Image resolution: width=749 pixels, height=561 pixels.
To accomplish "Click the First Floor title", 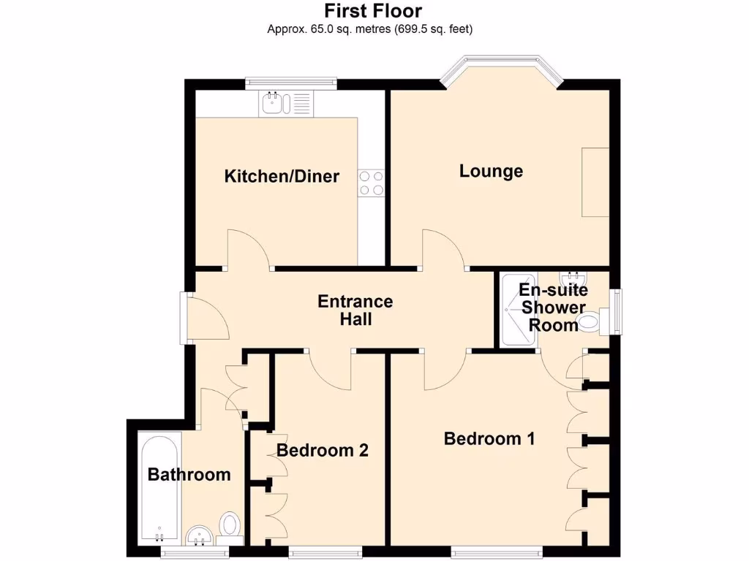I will [373, 12].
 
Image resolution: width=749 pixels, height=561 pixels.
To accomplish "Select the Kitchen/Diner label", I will [282, 176].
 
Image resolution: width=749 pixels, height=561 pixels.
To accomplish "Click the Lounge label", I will [491, 171].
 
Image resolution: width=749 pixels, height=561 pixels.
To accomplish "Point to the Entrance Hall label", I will [355, 310].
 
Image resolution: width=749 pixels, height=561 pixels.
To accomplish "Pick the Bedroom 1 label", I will [489, 438].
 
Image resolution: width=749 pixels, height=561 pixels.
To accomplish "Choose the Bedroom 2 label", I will [322, 450].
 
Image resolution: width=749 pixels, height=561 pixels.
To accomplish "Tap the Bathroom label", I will [189, 475].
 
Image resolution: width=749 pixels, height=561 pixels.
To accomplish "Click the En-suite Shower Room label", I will [553, 308].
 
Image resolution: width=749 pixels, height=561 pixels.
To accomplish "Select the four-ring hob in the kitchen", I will [371, 183].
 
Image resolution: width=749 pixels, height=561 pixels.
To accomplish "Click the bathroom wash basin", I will [197, 537].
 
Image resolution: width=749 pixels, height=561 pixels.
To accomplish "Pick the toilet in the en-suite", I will [593, 321].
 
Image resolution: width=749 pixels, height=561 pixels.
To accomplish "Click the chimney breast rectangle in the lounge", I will [595, 181].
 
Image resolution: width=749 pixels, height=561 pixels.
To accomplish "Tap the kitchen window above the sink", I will [290, 82].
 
